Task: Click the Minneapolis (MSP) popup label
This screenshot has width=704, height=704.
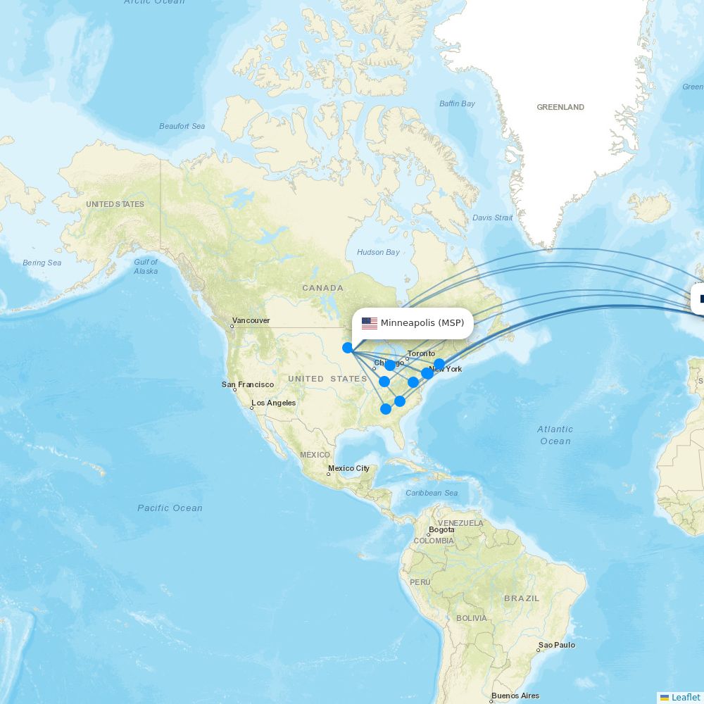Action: [422, 323]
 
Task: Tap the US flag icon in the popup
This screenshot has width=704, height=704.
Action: [370, 323]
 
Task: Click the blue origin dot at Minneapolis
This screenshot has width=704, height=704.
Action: [347, 347]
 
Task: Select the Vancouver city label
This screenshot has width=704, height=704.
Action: [251, 320]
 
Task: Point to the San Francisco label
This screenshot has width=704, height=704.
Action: [248, 384]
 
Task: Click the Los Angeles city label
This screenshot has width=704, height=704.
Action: [274, 403]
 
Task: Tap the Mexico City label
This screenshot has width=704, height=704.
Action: [348, 468]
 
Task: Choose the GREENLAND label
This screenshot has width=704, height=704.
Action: [560, 107]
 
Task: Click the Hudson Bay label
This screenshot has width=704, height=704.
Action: [378, 252]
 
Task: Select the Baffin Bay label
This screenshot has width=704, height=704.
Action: [458, 103]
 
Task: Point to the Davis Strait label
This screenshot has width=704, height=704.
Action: [493, 218]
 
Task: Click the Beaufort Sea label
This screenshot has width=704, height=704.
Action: [182, 126]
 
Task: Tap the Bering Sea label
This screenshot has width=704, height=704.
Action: [42, 263]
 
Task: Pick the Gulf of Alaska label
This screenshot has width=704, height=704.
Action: [146, 266]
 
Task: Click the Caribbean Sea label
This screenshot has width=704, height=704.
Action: [432, 493]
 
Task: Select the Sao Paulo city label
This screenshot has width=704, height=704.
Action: [557, 645]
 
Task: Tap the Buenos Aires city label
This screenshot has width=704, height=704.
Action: [515, 696]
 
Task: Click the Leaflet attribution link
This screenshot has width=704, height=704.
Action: [685, 697]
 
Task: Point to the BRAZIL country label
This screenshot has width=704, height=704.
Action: [522, 598]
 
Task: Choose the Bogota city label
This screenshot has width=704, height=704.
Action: [441, 529]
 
